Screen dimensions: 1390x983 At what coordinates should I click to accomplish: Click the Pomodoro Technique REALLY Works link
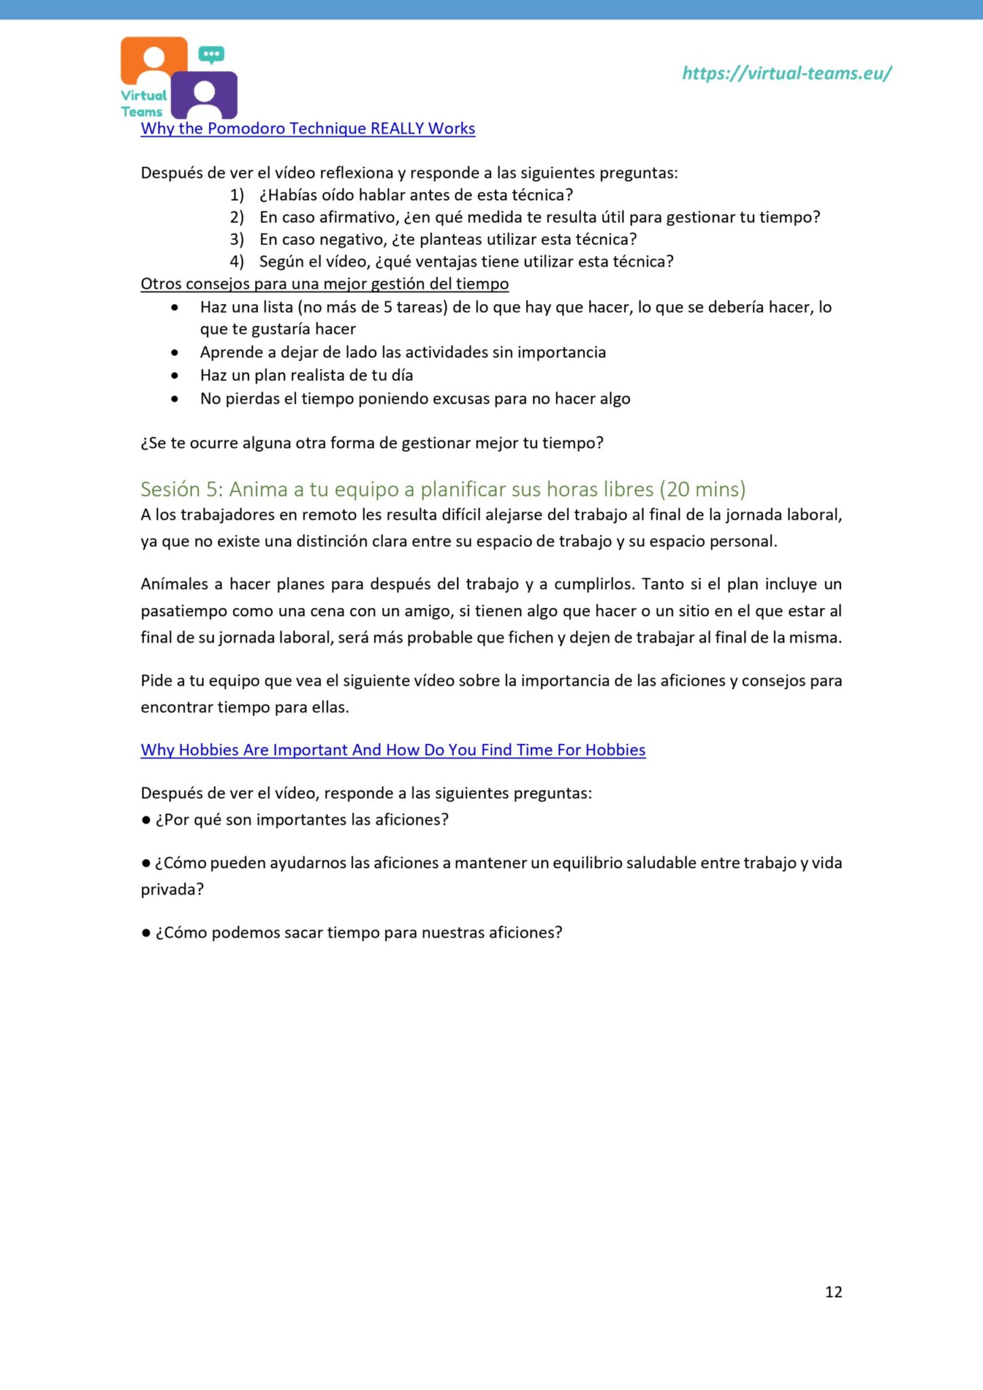click(308, 128)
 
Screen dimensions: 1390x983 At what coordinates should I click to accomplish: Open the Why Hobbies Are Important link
click(392, 750)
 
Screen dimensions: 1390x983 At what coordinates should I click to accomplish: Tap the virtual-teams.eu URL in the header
click(786, 73)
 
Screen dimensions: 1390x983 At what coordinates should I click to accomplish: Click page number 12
click(833, 1292)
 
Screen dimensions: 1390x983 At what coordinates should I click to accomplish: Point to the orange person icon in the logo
click(154, 59)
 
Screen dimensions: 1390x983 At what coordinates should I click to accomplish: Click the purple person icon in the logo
click(204, 95)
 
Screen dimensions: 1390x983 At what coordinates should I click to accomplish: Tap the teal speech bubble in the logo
click(212, 54)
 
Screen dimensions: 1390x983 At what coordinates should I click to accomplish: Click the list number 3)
click(236, 240)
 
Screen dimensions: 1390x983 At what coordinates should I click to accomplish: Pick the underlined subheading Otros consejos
click(324, 284)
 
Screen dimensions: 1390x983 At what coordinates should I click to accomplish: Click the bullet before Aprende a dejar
click(175, 353)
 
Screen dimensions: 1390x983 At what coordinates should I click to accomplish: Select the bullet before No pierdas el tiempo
click(175, 399)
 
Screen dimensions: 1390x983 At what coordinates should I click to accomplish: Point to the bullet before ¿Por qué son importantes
click(146, 820)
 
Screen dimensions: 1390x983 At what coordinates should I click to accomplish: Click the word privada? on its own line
click(172, 889)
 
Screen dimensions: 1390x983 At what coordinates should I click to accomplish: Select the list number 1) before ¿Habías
click(236, 195)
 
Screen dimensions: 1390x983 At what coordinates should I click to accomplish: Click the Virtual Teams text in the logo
click(143, 104)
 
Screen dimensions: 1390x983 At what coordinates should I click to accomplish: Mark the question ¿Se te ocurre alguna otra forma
click(371, 443)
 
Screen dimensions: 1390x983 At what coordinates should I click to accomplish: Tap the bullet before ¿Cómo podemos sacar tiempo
click(146, 933)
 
